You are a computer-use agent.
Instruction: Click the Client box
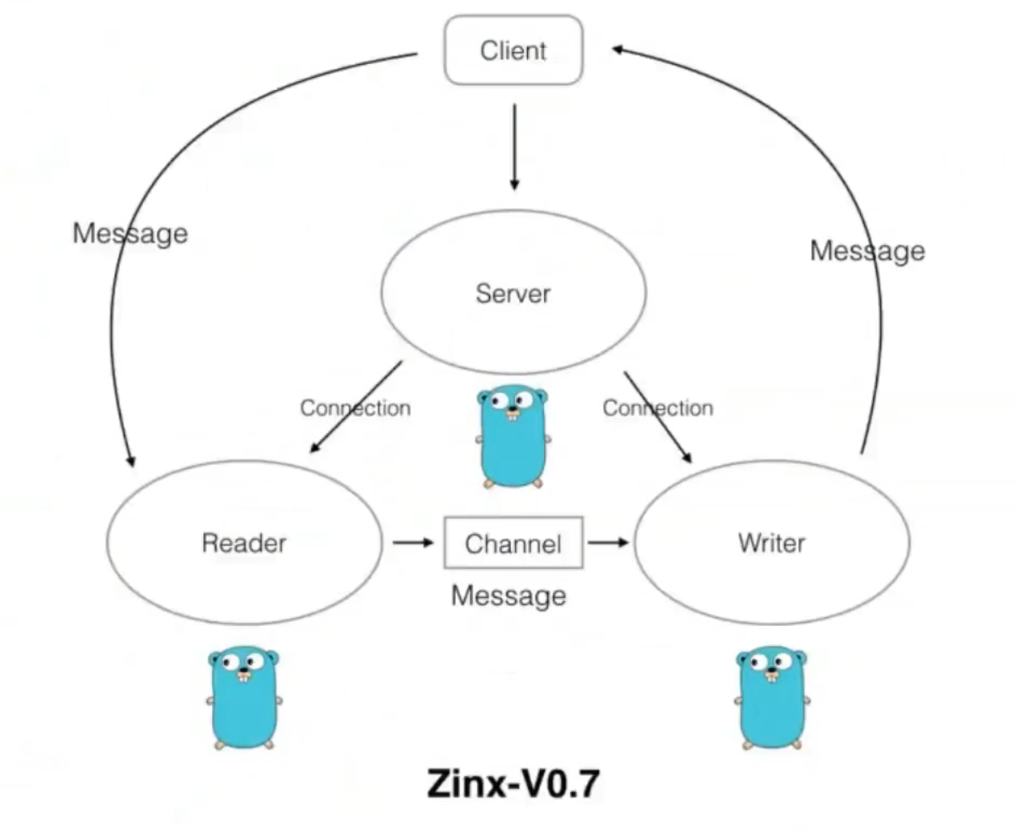click(513, 50)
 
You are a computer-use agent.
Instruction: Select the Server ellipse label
click(513, 293)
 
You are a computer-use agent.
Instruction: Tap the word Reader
click(243, 543)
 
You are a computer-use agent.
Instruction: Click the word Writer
click(771, 543)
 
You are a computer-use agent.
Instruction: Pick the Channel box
click(513, 543)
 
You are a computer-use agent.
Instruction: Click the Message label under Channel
click(508, 596)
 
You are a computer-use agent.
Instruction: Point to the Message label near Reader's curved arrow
click(130, 233)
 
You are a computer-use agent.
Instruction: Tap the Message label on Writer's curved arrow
click(867, 251)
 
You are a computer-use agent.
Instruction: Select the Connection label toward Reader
click(355, 408)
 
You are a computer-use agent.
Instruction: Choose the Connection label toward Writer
click(657, 408)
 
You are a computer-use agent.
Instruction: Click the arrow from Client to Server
click(514, 146)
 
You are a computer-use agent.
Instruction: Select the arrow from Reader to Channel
click(413, 542)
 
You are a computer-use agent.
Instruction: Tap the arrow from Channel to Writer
click(608, 542)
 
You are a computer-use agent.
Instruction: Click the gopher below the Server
click(513, 437)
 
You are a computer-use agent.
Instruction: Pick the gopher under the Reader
click(244, 697)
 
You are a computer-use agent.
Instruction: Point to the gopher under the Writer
click(772, 697)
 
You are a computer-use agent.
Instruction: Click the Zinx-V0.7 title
click(513, 783)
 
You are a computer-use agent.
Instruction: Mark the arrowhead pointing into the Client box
click(617, 50)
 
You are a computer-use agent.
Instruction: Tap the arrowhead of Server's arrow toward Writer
click(688, 459)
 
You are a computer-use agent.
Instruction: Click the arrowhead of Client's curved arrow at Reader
click(129, 461)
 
